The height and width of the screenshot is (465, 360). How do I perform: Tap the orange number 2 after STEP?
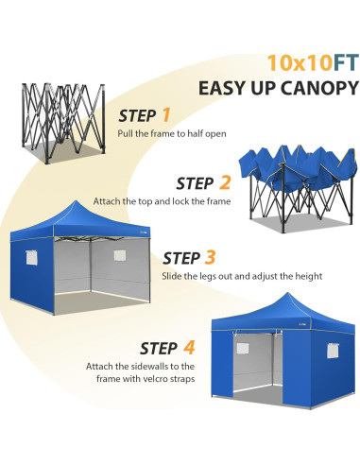225,182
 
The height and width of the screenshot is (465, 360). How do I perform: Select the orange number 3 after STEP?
210,256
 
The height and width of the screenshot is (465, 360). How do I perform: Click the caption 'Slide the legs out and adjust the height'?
242,276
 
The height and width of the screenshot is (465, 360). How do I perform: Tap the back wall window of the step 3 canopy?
119,254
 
